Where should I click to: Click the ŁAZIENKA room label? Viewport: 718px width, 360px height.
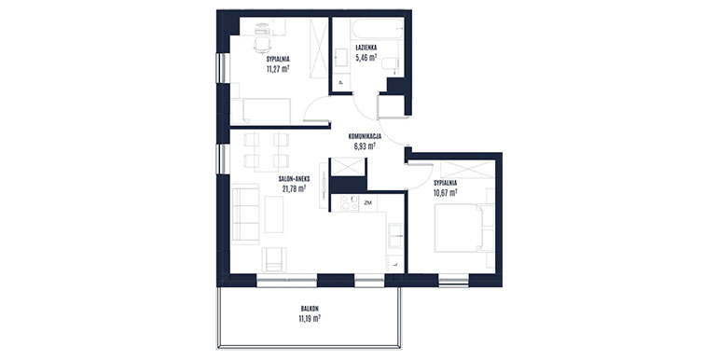366,48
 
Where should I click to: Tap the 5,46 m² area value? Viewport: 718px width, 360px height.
366,57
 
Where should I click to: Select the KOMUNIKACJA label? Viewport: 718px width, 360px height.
365,136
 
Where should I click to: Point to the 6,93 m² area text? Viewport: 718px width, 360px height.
365,146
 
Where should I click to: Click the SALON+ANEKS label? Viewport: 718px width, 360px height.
294,179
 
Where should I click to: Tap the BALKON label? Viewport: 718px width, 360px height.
310,309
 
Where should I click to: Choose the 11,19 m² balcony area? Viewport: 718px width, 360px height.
310,318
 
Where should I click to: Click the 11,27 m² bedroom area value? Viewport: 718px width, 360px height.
278,69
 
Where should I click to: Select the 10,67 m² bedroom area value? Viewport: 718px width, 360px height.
445,192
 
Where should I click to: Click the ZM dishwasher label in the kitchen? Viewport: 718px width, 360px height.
367,202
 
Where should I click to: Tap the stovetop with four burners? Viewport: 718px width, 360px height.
350,203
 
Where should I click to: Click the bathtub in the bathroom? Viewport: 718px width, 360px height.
378,28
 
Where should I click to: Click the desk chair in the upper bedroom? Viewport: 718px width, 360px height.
262,44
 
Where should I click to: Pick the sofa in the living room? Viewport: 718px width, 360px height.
245,215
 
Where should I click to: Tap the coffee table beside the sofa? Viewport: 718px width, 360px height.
274,215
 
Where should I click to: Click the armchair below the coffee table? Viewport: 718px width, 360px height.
274,259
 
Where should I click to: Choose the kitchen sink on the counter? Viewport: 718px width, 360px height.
395,236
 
